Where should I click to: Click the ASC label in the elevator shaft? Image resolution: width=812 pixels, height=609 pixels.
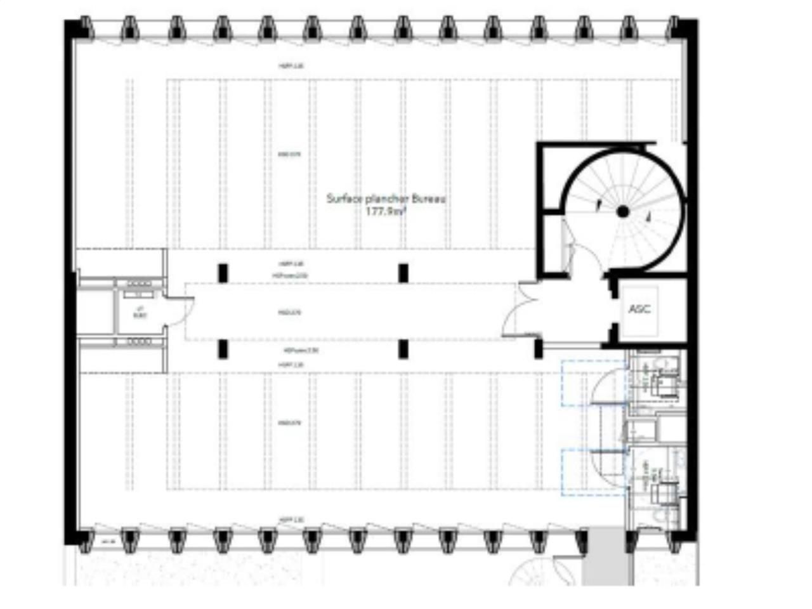pos(639,310)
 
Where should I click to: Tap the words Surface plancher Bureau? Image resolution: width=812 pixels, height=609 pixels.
pos(386,199)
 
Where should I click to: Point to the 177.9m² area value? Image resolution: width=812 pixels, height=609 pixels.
pos(385,213)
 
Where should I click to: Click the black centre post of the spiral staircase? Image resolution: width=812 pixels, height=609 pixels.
pos(622,212)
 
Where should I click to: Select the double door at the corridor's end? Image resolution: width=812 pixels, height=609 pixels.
pos(518,311)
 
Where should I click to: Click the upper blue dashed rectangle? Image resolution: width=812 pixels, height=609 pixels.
pos(593,383)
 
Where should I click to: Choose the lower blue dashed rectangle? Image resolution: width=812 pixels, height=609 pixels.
pos(593,472)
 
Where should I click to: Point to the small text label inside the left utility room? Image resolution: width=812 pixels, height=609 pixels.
pos(140,312)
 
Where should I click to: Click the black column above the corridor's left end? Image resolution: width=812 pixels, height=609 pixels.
pos(223,273)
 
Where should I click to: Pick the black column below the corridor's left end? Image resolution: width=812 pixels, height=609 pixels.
pos(223,349)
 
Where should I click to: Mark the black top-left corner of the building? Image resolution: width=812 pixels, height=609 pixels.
pos(72,29)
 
